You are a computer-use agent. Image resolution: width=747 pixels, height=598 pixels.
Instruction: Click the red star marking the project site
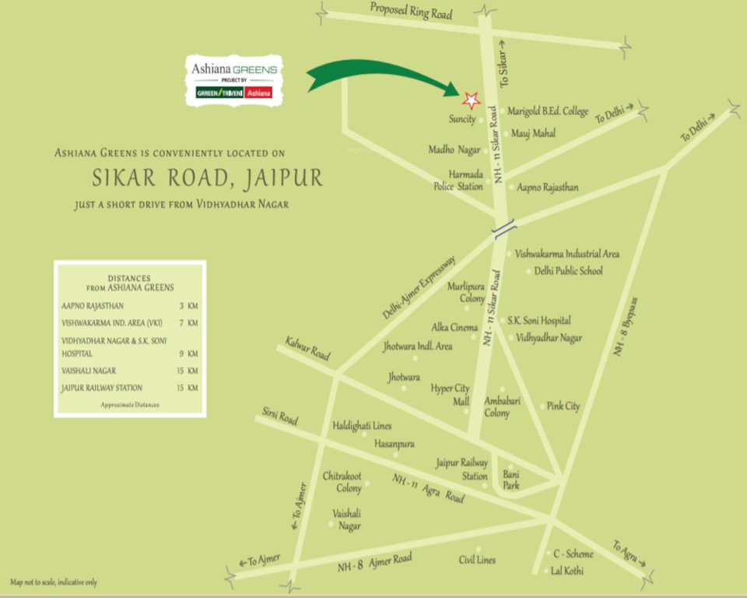click(x=470, y=99)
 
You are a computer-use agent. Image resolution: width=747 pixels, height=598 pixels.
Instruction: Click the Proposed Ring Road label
click(x=411, y=11)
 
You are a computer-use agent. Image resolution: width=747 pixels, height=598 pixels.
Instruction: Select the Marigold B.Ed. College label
click(x=548, y=111)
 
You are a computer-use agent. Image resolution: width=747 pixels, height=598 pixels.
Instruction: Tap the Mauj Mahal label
click(x=533, y=134)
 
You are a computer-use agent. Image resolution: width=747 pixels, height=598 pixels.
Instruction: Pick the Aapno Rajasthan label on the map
click(x=548, y=188)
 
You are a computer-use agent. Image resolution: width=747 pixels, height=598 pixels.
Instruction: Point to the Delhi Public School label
click(x=568, y=271)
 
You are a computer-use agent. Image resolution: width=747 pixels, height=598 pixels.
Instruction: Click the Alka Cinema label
click(x=454, y=328)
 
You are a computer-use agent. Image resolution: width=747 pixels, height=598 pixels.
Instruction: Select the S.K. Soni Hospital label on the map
click(x=539, y=320)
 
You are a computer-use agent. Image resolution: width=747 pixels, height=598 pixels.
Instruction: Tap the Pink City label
click(x=563, y=406)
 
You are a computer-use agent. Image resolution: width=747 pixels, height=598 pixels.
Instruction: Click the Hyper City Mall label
click(x=451, y=395)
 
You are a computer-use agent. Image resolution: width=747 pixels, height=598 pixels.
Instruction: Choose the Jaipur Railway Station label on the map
click(x=462, y=469)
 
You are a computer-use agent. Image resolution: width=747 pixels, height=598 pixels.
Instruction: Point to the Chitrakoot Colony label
click(x=342, y=482)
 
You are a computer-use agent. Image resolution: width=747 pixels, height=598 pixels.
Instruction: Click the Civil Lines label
click(x=477, y=559)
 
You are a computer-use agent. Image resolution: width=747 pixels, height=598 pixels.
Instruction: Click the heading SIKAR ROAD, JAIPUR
click(x=207, y=178)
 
